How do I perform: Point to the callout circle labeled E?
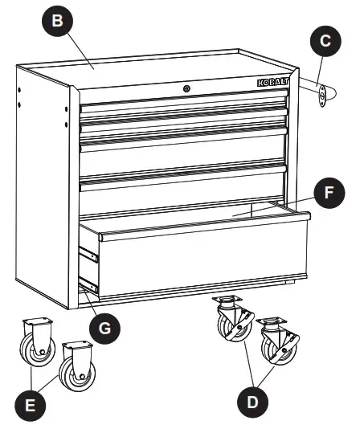[31, 404]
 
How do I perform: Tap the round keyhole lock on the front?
[186, 88]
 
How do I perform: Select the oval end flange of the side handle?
[321, 95]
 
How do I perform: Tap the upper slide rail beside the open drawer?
[89, 258]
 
